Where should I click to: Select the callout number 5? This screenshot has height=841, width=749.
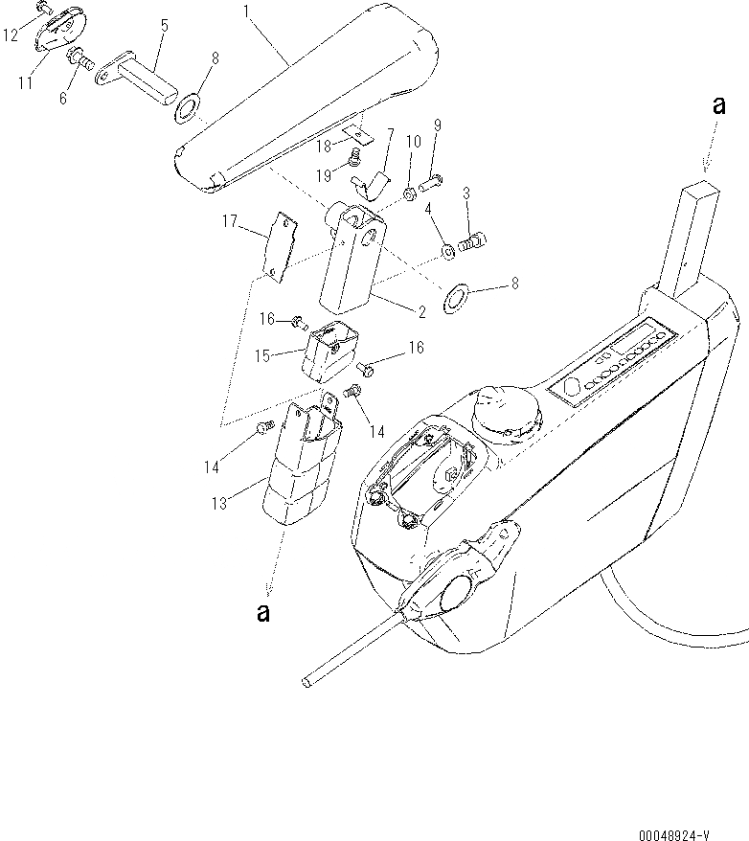coord(164,25)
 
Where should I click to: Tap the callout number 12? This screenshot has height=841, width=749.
coord(11,35)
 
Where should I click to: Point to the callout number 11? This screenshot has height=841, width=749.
coord(26,83)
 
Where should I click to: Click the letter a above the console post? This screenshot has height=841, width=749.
coord(718,107)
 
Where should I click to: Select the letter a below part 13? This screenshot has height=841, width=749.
coord(262,614)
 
